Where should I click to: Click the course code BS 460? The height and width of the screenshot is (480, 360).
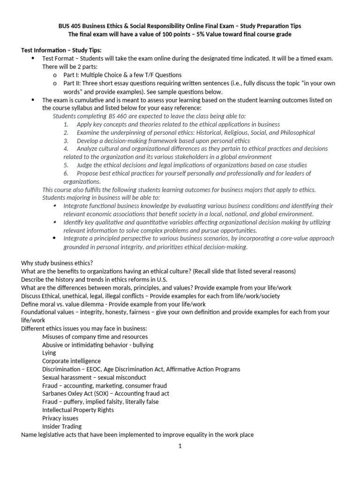click(x=118, y=116)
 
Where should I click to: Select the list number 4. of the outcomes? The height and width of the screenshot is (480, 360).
click(x=66, y=149)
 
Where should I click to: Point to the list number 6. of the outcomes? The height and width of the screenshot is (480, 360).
click(x=66, y=173)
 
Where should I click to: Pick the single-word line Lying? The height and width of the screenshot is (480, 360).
click(x=49, y=352)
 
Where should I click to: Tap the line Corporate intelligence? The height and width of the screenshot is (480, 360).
click(x=71, y=361)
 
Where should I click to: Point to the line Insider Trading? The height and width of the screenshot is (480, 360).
click(x=62, y=426)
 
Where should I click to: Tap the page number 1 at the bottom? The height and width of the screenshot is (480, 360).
click(x=180, y=446)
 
